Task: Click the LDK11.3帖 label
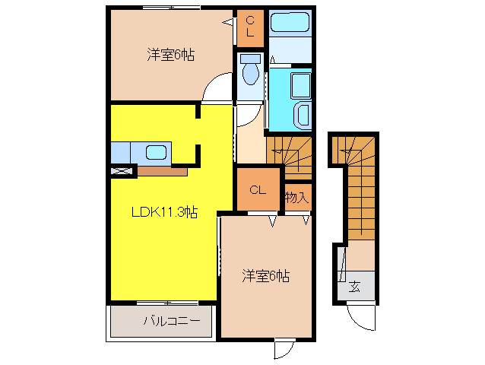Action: click(165, 213)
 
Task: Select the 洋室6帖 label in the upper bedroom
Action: click(170, 55)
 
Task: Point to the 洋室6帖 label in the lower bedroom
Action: click(265, 275)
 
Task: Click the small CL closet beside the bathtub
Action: click(249, 27)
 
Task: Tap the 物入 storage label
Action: click(296, 198)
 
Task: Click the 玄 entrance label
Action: click(354, 287)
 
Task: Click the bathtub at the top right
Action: click(290, 24)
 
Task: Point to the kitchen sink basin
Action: click(157, 152)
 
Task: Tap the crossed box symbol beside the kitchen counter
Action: click(121, 172)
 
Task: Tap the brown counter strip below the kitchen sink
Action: click(163, 172)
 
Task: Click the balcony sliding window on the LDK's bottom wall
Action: click(161, 303)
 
